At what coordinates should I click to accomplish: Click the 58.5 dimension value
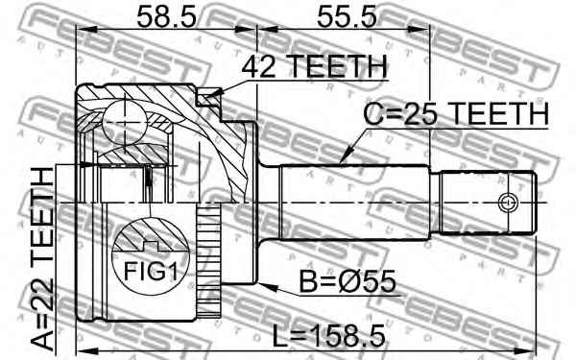click(166, 16)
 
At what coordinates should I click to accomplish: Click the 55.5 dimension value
click(347, 16)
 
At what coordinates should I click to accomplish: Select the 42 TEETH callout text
click(315, 66)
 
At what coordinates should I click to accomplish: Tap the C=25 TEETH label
click(456, 113)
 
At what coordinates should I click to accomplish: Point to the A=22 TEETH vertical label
click(42, 258)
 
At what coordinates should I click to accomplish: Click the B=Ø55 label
click(348, 281)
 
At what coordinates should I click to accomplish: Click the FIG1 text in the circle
click(151, 272)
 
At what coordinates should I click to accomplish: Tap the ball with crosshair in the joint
click(125, 121)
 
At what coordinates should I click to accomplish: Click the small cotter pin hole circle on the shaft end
click(508, 203)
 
